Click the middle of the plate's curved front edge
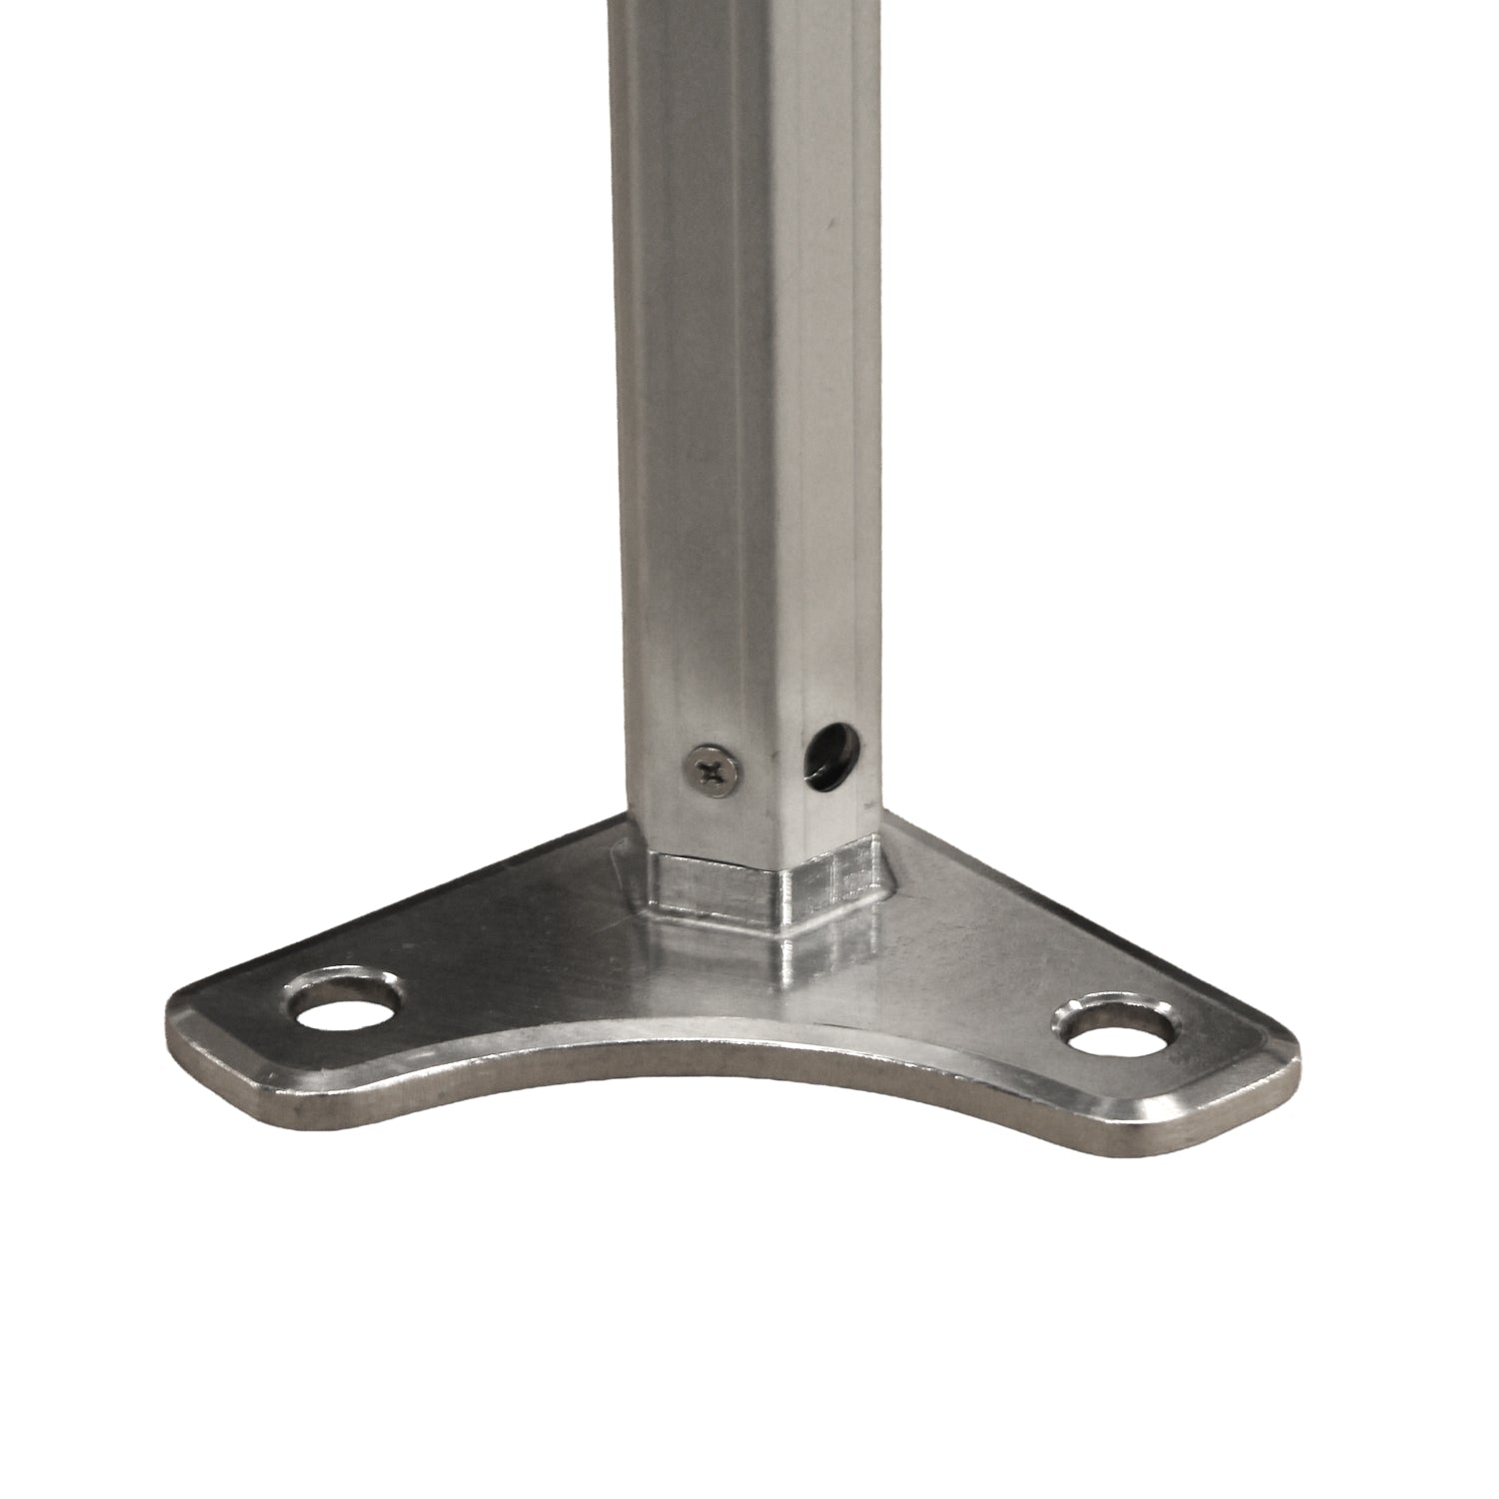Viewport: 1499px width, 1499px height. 700,1108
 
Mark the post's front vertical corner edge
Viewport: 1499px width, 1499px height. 777,500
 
